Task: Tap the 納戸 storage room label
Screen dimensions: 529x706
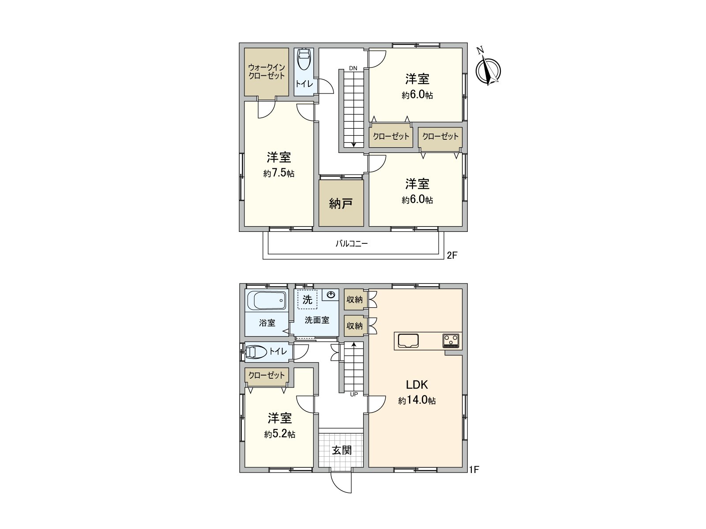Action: pyautogui.click(x=341, y=204)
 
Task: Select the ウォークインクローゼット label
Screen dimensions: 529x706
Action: pyautogui.click(x=267, y=71)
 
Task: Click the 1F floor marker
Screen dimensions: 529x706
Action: pyautogui.click(x=474, y=470)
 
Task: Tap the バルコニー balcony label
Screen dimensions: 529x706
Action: pyautogui.click(x=352, y=243)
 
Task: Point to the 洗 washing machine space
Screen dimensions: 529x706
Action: pyautogui.click(x=307, y=300)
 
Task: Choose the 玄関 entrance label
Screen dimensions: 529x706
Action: pyautogui.click(x=342, y=450)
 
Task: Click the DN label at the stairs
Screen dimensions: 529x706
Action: pyautogui.click(x=353, y=68)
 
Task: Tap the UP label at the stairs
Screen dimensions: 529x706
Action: pyautogui.click(x=354, y=395)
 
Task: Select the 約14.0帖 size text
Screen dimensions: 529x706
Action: pyautogui.click(x=417, y=401)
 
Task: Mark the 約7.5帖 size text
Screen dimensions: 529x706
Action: pyautogui.click(x=279, y=174)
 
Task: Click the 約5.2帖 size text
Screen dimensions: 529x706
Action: pyautogui.click(x=280, y=435)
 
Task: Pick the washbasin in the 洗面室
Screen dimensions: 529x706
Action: pyautogui.click(x=331, y=294)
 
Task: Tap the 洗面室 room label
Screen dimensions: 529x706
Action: pyautogui.click(x=317, y=320)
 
